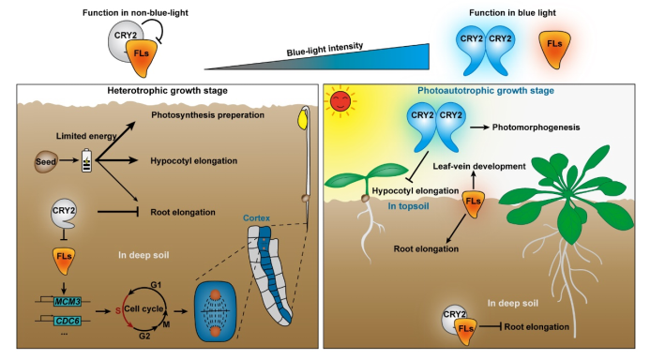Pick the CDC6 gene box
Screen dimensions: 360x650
point(66,322)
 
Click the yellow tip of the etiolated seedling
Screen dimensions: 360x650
point(304,120)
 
